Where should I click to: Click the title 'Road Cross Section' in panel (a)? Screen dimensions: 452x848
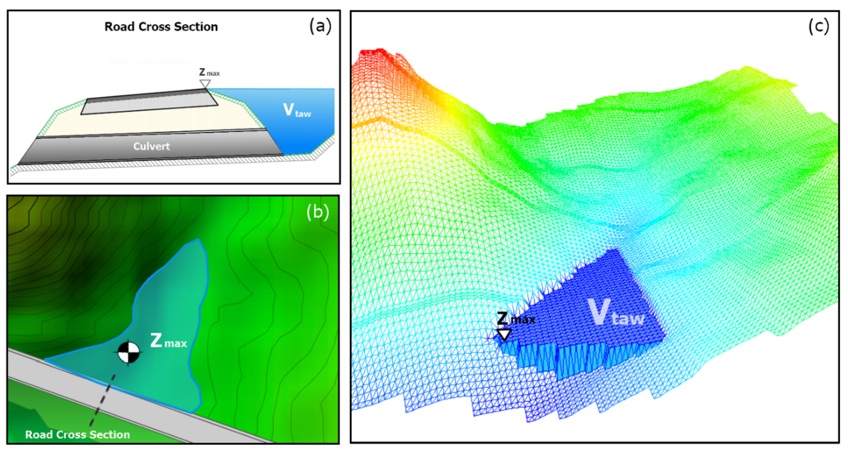click(161, 27)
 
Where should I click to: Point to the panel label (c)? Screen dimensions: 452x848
click(818, 26)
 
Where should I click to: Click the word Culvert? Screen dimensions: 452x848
click(151, 146)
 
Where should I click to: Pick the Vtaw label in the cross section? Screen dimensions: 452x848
click(297, 110)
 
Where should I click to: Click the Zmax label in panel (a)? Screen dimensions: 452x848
click(209, 72)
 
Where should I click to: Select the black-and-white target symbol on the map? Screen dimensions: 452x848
click(128, 352)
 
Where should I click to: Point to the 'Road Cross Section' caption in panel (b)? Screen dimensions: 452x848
click(77, 435)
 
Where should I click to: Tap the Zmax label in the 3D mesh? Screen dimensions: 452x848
click(515, 319)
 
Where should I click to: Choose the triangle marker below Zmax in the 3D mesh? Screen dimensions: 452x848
click(504, 334)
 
